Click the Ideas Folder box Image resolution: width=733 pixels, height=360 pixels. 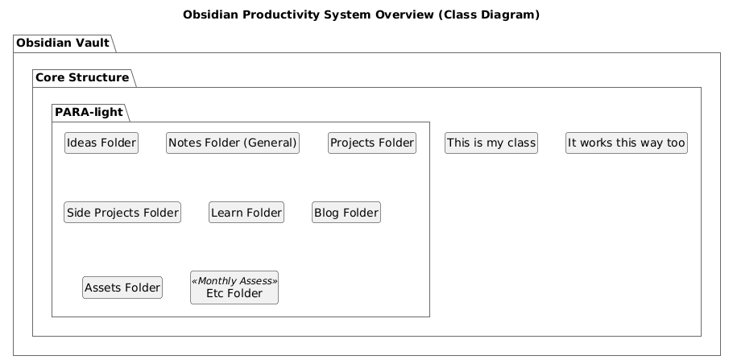101,143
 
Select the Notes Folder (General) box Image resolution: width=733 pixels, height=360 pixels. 233,143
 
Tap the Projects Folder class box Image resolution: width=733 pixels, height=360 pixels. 372,143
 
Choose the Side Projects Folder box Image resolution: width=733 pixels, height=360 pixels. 122,213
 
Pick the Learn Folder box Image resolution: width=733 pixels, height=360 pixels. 246,213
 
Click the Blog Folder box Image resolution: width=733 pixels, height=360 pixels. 346,213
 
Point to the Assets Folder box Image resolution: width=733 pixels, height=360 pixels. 122,288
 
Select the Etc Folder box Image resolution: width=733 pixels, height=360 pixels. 234,288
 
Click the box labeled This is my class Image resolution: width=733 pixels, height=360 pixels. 491,143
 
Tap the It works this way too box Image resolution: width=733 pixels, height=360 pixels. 627,143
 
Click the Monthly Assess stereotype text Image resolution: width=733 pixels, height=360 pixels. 234,281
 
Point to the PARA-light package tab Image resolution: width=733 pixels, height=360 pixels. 89,113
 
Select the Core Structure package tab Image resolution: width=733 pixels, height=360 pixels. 82,77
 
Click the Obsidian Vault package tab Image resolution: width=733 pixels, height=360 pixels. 63,43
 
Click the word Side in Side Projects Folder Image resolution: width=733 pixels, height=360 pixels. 79,213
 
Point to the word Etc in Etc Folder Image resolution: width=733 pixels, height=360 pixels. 215,294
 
